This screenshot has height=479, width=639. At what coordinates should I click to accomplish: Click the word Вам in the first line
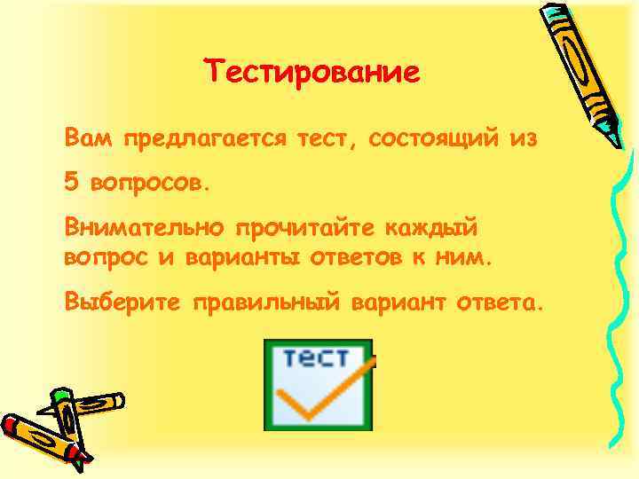(88, 138)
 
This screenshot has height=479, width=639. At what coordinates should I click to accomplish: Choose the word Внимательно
(143, 226)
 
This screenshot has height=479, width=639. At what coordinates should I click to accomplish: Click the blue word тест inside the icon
(316, 359)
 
